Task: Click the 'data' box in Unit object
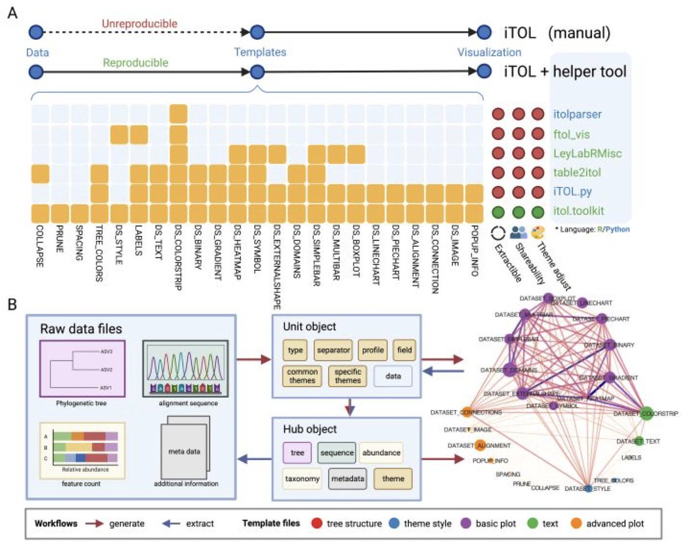393,377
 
